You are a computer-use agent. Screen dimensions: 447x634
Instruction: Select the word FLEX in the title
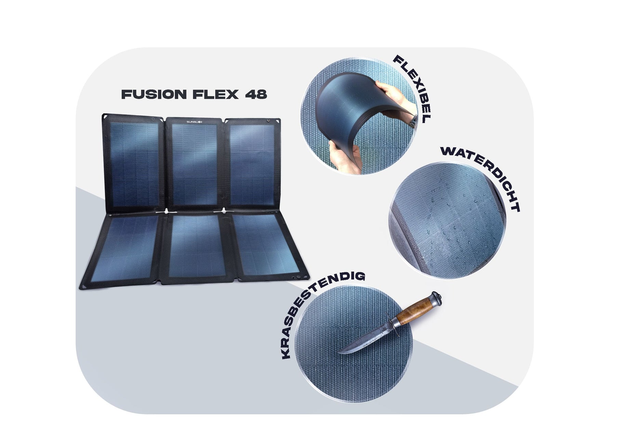pos(216,94)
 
